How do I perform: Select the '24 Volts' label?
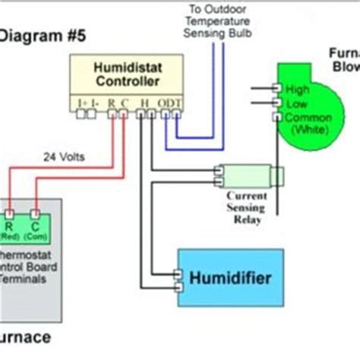pyautogui.click(x=65, y=157)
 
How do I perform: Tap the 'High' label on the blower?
pyautogui.click(x=298, y=90)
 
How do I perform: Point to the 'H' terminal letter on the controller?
pyautogui.click(x=144, y=101)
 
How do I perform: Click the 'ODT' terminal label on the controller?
pyautogui.click(x=169, y=101)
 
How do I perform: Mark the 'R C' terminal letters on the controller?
pyautogui.click(x=118, y=101)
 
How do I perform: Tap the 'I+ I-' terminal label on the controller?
pyautogui.click(x=86, y=101)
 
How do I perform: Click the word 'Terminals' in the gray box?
pyautogui.click(x=23, y=279)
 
